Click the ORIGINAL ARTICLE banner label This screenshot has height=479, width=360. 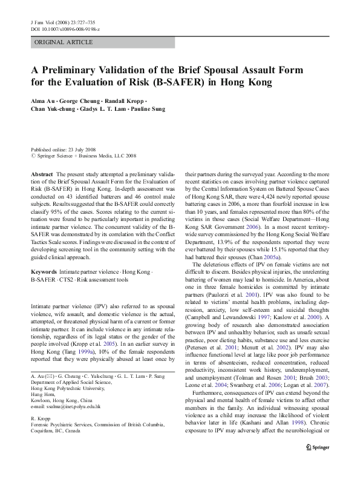tap(64, 42)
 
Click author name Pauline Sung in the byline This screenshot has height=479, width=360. tap(146, 110)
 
